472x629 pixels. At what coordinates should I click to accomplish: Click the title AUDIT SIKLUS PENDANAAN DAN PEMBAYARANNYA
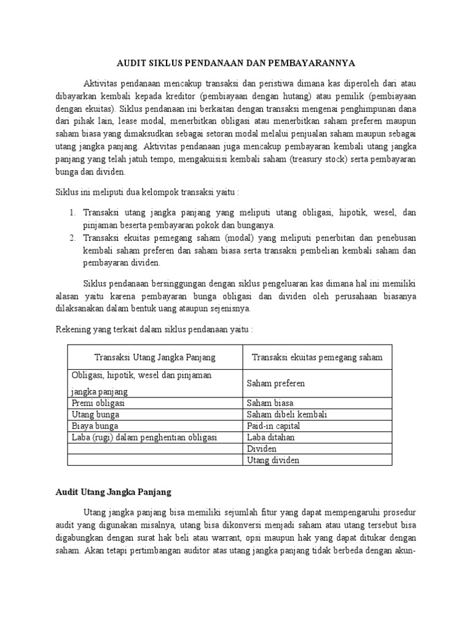point(236,63)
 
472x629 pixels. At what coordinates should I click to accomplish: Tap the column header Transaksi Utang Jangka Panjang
point(155,357)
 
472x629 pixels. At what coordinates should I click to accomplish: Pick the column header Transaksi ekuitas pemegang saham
point(315,357)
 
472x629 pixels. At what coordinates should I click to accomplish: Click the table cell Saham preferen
point(275,383)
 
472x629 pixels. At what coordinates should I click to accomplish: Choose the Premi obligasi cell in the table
point(98,403)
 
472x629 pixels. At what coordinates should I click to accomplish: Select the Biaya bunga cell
point(95,426)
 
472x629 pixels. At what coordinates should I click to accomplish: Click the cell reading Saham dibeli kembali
point(286,415)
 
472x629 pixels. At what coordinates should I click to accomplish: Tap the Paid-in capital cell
point(273,426)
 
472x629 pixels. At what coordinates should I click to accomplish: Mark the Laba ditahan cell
point(270,437)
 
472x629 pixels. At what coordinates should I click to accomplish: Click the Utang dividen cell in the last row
point(273,460)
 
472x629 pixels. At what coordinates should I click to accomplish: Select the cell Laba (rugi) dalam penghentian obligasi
point(144,437)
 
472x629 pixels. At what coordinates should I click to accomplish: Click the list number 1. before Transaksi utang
point(71,213)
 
